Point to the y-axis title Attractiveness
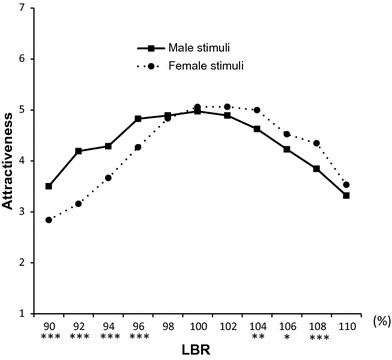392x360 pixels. (13, 167)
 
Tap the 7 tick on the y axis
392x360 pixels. (21, 8)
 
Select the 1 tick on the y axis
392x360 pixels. (21, 313)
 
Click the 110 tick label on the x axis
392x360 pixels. (345, 325)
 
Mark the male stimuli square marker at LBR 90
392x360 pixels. (48, 186)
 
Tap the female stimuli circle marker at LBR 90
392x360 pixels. (48, 220)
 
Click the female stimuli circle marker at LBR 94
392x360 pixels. (107, 178)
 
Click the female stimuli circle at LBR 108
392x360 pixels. (316, 143)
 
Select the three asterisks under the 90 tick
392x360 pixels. (48, 337)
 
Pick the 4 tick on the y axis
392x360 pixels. (21, 160)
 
